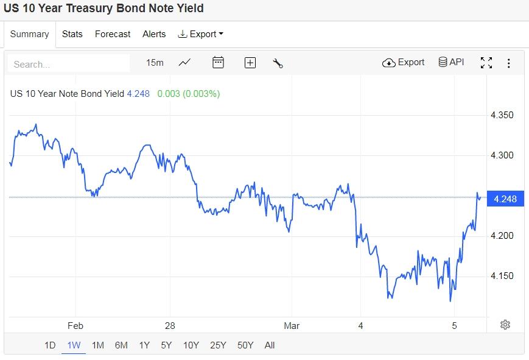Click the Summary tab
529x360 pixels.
pos(29,34)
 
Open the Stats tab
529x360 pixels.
pos(72,34)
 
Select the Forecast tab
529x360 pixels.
pos(113,34)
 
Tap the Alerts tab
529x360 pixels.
pos(154,34)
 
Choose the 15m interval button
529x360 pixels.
pos(155,63)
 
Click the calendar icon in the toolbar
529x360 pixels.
pos(218,62)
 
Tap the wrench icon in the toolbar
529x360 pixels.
pos(278,63)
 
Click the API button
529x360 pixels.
pos(451,62)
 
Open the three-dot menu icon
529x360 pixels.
pos(509,63)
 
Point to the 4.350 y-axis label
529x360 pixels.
pos(502,115)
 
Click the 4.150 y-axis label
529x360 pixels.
pos(502,276)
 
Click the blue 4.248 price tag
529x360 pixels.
pos(505,199)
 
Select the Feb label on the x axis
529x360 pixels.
pos(75,326)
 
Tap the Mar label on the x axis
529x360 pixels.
pos(292,326)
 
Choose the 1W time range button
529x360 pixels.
pos(74,345)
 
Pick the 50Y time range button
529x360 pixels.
pos(245,345)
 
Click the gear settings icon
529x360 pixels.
pos(505,325)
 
